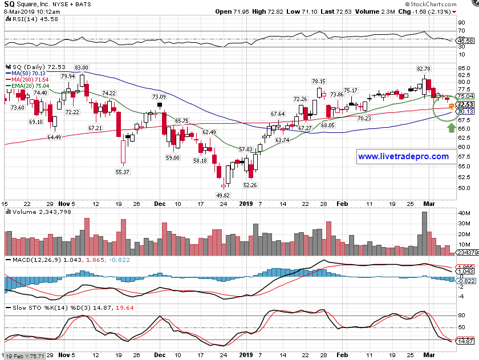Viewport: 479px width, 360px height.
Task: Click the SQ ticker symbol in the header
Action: pyautogui.click(x=10, y=4)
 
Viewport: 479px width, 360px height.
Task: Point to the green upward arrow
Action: pyautogui.click(x=451, y=127)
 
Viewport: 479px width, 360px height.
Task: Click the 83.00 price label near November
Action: pyautogui.click(x=82, y=68)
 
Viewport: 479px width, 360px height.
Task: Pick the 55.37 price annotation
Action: pyautogui.click(x=123, y=172)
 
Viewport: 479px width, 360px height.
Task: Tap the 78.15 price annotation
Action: pyautogui.click(x=318, y=82)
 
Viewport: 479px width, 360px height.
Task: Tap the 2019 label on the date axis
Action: pyautogui.click(x=245, y=203)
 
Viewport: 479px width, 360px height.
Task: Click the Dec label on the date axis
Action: pyautogui.click(x=160, y=203)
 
